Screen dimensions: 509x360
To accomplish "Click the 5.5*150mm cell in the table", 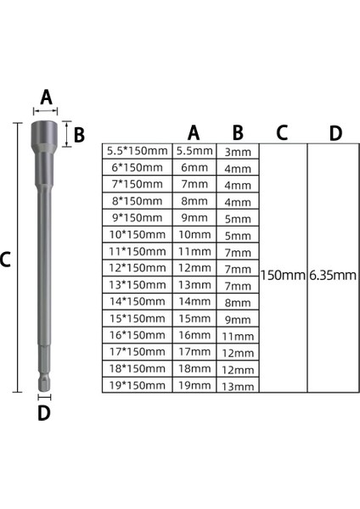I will tap(137, 151).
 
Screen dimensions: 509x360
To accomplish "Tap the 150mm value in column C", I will tap(282, 276).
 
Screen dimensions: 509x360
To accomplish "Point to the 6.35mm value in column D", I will tap(332, 276).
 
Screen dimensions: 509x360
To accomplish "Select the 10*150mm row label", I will tap(137, 234).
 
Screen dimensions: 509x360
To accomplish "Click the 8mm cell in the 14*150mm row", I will tap(238, 302).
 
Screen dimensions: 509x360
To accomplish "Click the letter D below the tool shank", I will tap(45, 413).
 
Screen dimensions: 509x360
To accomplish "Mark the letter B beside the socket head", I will tap(79, 133).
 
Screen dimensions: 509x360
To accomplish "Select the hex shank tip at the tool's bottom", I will tap(45, 379).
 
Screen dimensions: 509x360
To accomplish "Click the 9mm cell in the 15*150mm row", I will tap(238, 319).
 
